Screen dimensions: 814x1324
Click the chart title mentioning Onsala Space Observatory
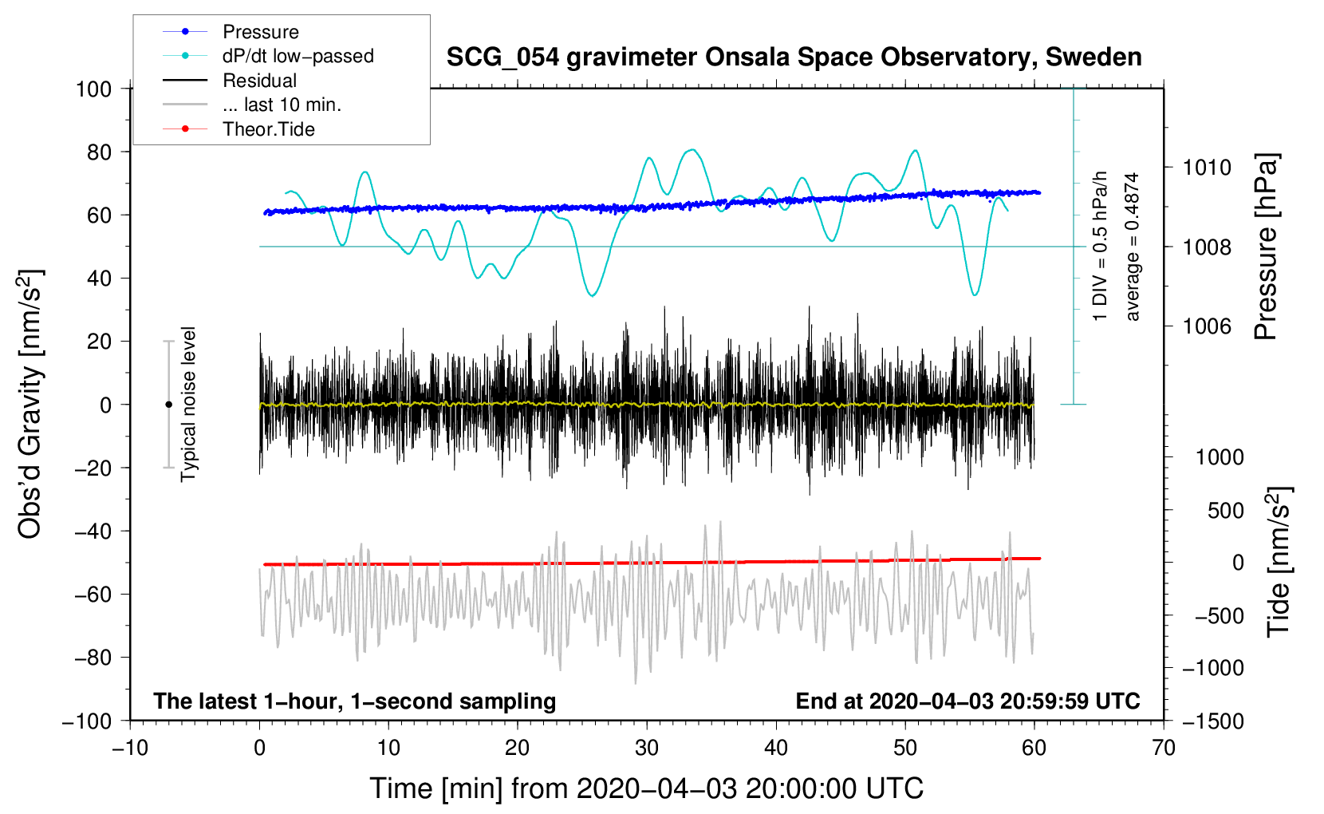point(794,57)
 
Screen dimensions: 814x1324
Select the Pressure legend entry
point(260,32)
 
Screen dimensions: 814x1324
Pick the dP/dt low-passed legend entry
point(298,56)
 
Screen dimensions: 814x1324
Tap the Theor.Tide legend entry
point(268,129)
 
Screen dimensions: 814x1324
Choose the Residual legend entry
point(259,81)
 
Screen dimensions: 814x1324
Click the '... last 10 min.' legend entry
point(282,105)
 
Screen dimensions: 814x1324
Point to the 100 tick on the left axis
point(93,89)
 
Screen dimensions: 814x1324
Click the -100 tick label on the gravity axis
point(87,721)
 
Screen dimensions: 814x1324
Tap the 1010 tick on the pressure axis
point(1207,168)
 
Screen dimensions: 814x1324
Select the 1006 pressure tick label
point(1207,326)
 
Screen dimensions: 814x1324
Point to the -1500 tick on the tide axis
point(1212,721)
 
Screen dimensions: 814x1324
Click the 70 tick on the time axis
point(1164,748)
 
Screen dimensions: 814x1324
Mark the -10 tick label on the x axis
point(130,748)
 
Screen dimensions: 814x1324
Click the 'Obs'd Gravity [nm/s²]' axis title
point(30,405)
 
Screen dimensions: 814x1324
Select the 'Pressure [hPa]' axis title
point(1266,247)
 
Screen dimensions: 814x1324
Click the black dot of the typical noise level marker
point(168,405)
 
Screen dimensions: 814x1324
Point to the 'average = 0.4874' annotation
point(1133,247)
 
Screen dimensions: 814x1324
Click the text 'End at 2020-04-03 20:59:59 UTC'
point(967,701)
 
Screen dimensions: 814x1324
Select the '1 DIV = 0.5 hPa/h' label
point(1101,247)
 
